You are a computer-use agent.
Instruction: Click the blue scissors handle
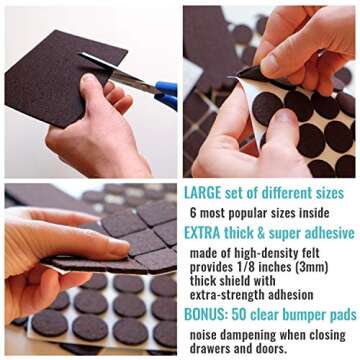[165, 94]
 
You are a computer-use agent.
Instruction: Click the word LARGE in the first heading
[204, 192]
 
